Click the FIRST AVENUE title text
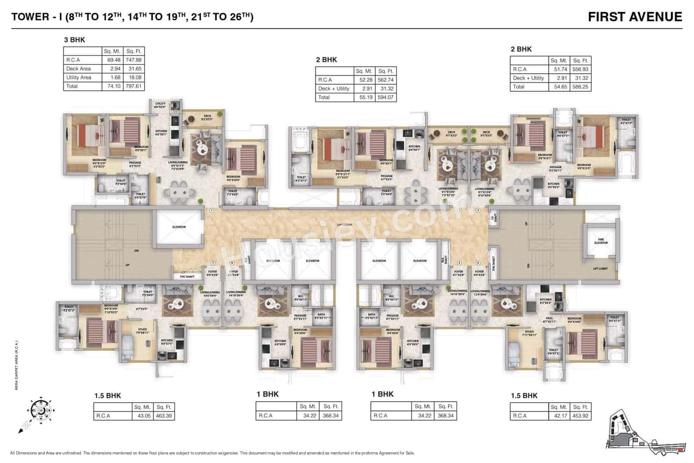(x=635, y=17)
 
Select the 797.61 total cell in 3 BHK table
(x=133, y=86)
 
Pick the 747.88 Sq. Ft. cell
(x=133, y=60)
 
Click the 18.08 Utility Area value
(x=133, y=78)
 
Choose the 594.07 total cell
(x=386, y=98)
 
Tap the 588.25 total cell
(x=580, y=87)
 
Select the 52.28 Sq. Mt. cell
(x=364, y=80)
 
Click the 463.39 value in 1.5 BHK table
(x=163, y=416)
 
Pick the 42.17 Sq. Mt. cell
(x=557, y=416)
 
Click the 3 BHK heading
(x=75, y=40)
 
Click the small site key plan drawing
(x=640, y=429)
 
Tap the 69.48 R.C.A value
(x=111, y=60)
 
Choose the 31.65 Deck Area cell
(x=133, y=69)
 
